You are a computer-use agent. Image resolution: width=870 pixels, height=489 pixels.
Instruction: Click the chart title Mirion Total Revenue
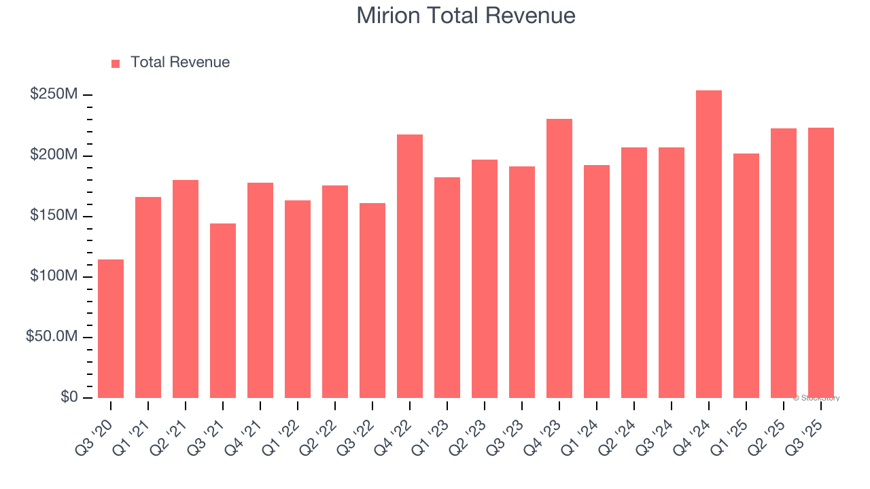tap(466, 16)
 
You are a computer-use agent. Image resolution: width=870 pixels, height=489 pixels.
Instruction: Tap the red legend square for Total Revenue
tap(116, 63)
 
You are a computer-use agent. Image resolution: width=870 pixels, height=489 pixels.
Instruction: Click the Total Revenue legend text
tap(180, 62)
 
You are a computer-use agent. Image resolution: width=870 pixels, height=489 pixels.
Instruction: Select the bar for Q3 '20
tap(111, 329)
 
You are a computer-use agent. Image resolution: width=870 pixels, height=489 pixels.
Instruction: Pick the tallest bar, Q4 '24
tap(709, 244)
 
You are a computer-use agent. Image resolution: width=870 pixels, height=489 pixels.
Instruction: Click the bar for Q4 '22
tap(410, 266)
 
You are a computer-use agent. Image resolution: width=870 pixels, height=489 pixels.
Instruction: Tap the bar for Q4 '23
tap(559, 259)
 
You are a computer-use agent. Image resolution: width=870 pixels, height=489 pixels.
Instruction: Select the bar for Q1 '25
tap(746, 276)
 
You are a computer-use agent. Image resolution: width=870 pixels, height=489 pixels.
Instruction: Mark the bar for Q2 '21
tap(186, 289)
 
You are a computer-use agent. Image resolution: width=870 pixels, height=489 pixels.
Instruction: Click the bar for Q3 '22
tap(372, 300)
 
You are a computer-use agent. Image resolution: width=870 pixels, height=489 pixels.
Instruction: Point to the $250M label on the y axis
tap(54, 94)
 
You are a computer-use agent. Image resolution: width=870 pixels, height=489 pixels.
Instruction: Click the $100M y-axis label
tap(54, 276)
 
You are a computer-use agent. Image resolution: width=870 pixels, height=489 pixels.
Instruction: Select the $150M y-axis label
tap(54, 216)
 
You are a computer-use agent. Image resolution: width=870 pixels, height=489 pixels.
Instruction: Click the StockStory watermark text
tap(816, 398)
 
